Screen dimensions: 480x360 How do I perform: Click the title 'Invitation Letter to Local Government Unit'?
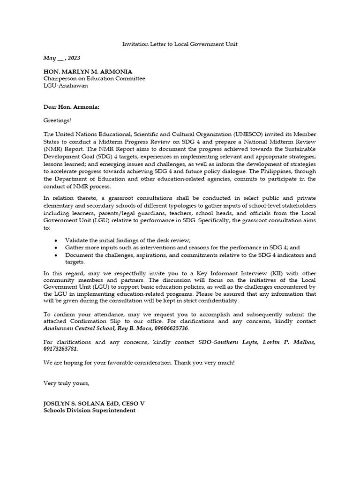(x=180, y=44)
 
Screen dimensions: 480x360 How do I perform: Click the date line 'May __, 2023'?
(x=61, y=58)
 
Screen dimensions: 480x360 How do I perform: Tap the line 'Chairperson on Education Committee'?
(x=94, y=79)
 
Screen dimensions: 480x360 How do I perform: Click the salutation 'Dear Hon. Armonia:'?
(x=71, y=106)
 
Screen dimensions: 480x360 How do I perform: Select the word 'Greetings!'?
(x=57, y=120)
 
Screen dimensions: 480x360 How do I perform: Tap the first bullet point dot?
(x=56, y=240)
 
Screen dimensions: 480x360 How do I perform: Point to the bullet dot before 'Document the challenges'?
(x=56, y=255)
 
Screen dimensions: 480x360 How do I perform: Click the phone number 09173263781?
(x=60, y=349)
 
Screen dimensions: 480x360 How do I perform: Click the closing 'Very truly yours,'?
(x=66, y=383)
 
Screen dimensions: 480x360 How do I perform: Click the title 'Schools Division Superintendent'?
(x=90, y=411)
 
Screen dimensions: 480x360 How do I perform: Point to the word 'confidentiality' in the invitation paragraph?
(x=217, y=301)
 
